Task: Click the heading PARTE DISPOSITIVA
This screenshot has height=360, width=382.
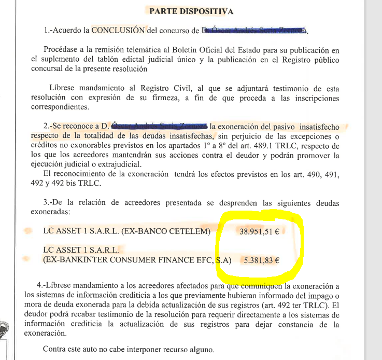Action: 191,11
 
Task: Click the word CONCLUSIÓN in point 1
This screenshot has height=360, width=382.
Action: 118,30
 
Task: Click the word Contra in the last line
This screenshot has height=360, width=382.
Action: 54,349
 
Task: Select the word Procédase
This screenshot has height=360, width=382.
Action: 63,50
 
